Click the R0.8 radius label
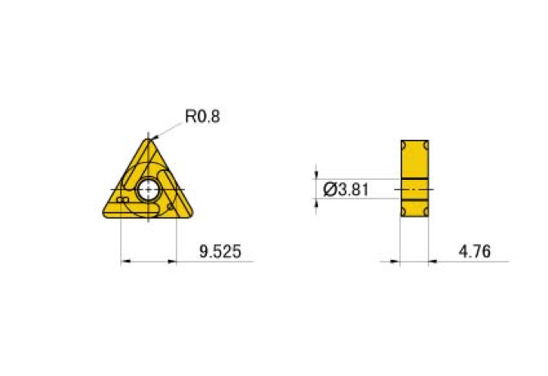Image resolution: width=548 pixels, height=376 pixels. click(203, 116)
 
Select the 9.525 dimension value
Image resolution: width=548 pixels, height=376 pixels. click(220, 252)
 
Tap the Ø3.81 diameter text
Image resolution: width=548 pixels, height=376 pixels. click(347, 190)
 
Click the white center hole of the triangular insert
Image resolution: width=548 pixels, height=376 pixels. click(149, 190)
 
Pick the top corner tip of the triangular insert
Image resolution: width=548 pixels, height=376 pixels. click(149, 140)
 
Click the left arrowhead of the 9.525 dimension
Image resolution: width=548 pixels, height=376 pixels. click(124, 262)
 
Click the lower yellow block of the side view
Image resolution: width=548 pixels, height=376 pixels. click(415, 208)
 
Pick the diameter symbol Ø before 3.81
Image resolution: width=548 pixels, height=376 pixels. click(330, 190)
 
